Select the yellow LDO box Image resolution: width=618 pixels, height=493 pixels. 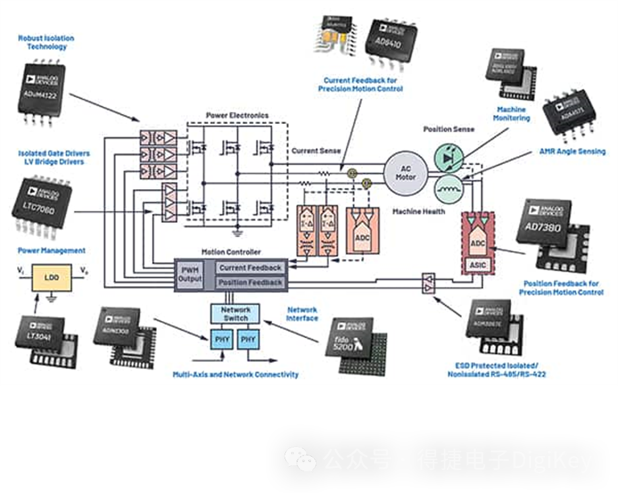pos(51,277)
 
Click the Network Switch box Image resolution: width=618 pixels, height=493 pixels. pos(235,313)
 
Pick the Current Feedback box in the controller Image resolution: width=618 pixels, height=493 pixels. pos(250,268)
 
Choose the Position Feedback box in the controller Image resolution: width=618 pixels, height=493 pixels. pos(250,283)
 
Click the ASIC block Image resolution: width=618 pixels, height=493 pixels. pos(477,264)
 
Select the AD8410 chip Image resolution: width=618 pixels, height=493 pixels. pos(393,41)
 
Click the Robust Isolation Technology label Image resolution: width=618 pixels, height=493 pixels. pos(46,43)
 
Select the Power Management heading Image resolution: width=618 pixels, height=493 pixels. pos(52,250)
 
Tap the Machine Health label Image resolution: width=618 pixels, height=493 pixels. pos(418,212)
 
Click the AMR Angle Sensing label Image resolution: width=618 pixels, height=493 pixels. pos(573,152)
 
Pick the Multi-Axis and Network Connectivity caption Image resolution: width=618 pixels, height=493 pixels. pos(236,374)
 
